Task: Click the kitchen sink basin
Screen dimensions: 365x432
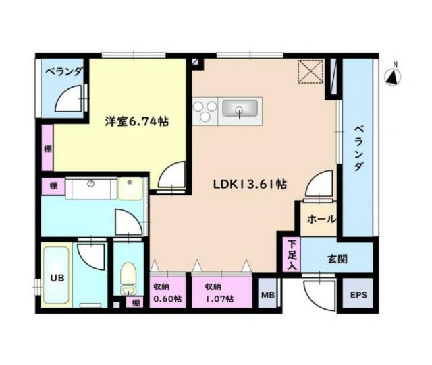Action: click(240, 108)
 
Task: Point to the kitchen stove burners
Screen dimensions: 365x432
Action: click(205, 109)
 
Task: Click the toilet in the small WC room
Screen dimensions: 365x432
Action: click(128, 276)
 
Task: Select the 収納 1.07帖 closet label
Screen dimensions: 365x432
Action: click(220, 292)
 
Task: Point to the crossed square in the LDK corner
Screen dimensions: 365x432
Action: click(312, 72)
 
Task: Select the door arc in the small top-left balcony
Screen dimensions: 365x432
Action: click(70, 100)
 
